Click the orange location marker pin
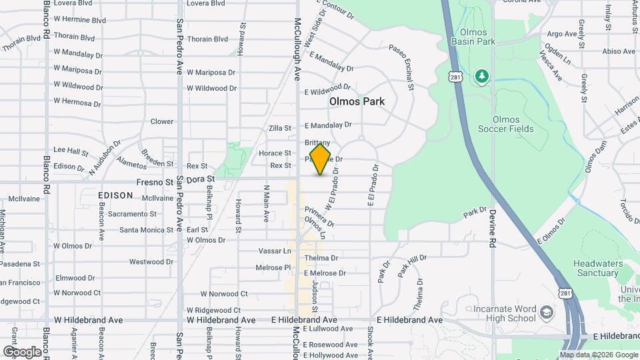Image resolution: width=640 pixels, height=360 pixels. click(x=320, y=159)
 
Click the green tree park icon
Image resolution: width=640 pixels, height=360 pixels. click(x=481, y=77)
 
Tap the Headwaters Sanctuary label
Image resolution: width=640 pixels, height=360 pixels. click(x=596, y=268)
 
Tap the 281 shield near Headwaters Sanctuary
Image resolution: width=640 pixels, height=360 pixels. click(x=566, y=293)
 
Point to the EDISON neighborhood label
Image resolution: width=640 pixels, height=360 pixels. click(x=115, y=195)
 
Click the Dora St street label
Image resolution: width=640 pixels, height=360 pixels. click(x=200, y=179)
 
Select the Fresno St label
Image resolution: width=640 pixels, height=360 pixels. click(x=155, y=181)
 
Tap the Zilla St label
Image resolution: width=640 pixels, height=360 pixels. click(x=279, y=128)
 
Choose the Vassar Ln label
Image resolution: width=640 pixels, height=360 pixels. click(x=275, y=251)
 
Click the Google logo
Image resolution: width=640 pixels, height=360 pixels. click(x=21, y=351)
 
